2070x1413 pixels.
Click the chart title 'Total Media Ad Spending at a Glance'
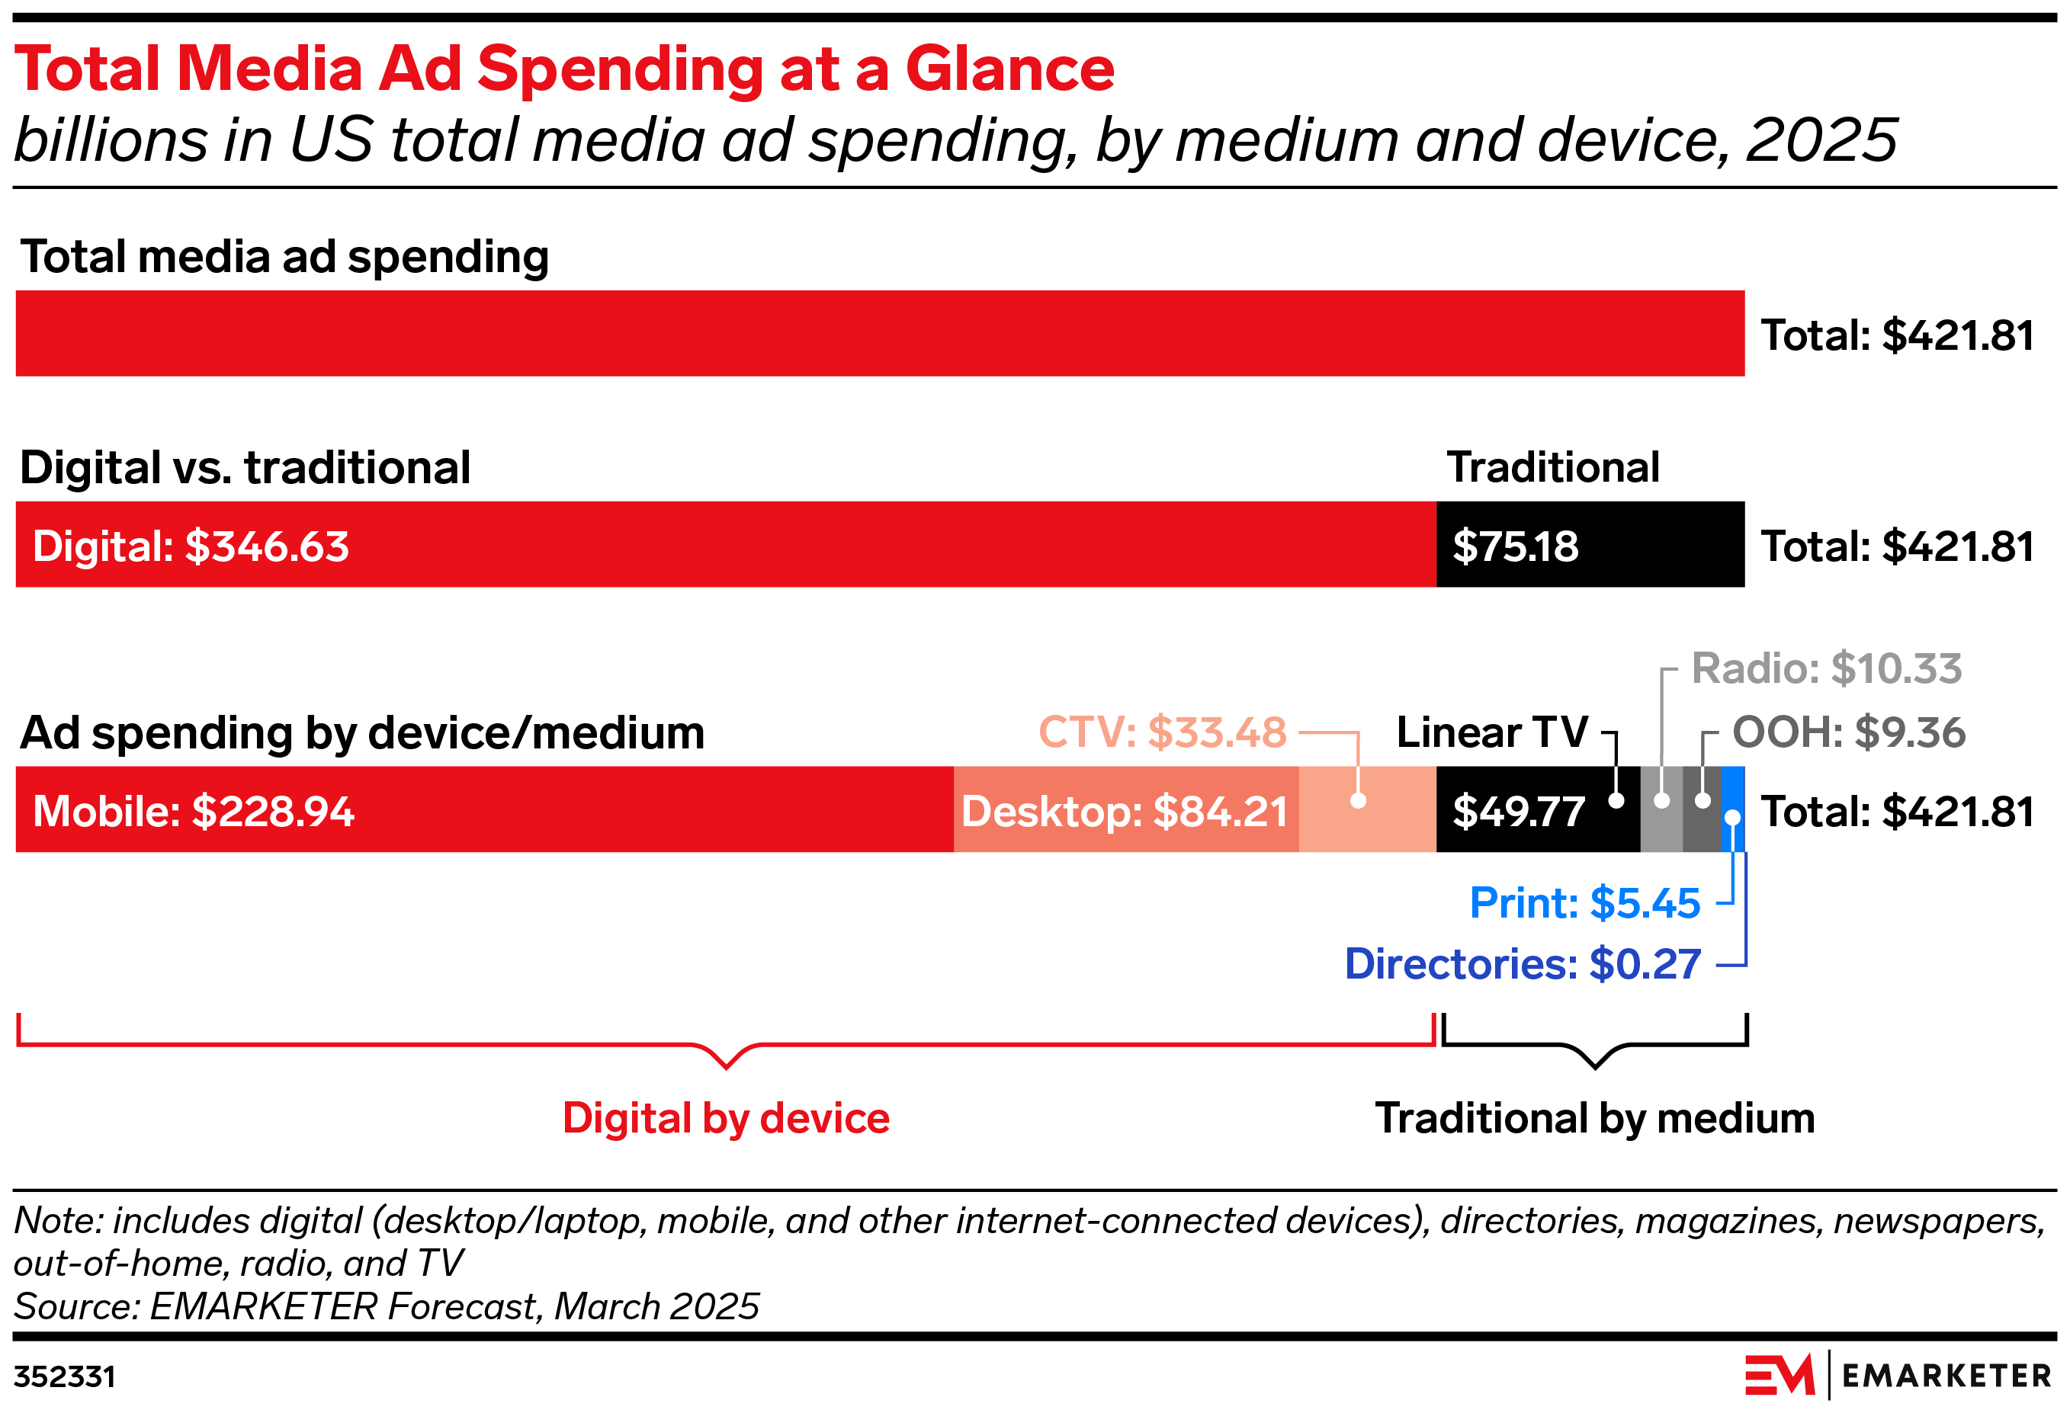coord(563,69)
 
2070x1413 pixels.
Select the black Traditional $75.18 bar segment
coord(1590,544)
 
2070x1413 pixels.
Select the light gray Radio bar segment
coord(1661,828)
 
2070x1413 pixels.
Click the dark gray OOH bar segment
coord(1701,828)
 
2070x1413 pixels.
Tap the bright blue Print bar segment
coord(1731,788)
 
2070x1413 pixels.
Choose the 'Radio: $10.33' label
coord(1826,668)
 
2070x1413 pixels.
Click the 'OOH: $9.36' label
coord(1848,732)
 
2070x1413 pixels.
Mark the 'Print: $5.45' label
coord(1584,903)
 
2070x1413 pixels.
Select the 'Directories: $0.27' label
coord(1523,964)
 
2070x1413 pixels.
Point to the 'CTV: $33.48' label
coord(1163,732)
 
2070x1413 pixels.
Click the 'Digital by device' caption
coord(726,1118)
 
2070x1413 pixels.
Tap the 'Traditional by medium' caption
coord(1594,1118)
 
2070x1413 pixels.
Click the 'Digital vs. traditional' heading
coord(245,467)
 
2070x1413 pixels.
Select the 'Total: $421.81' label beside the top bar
coord(1897,335)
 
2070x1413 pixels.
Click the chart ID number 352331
coord(64,1377)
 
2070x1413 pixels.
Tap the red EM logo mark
coord(1779,1376)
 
